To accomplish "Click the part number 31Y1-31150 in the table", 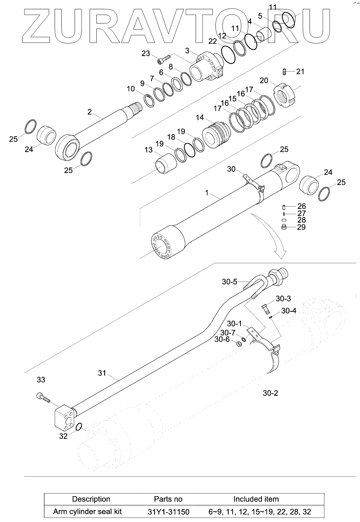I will pyautogui.click(x=168, y=512).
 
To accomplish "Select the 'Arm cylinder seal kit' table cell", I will pyautogui.click(x=87, y=512).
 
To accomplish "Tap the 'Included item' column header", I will pyautogui.click(x=256, y=499).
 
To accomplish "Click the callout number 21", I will pyautogui.click(x=300, y=72).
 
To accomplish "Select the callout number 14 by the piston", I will pyautogui.click(x=199, y=118).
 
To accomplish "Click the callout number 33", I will pyautogui.click(x=41, y=380).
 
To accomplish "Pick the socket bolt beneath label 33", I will pyautogui.click(x=43, y=397).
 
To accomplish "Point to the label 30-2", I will pyautogui.click(x=270, y=393).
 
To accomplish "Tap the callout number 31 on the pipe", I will pyautogui.click(x=102, y=373).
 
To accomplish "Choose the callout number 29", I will pyautogui.click(x=301, y=227).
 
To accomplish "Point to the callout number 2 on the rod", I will pyautogui.click(x=90, y=112).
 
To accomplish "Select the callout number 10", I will pyautogui.click(x=130, y=89).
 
